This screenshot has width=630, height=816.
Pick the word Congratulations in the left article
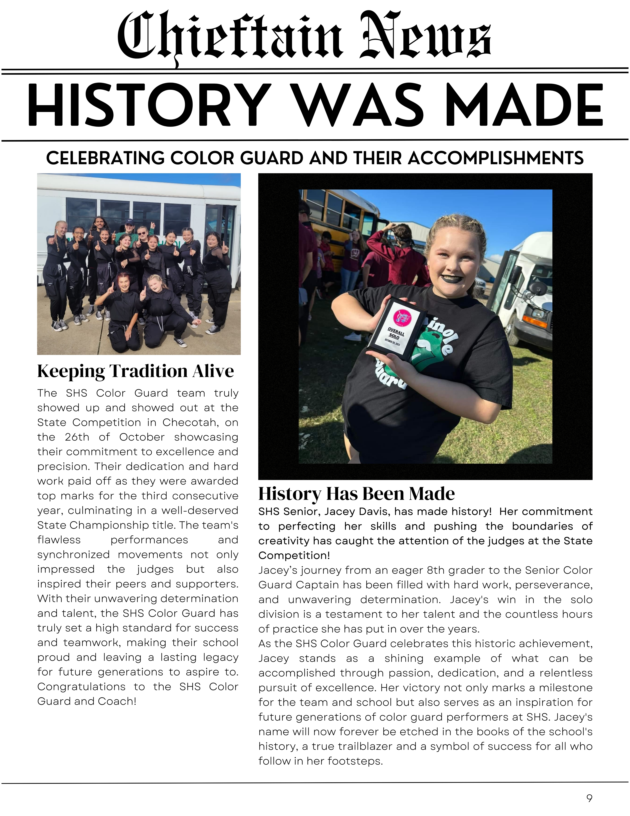[x=81, y=687]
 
